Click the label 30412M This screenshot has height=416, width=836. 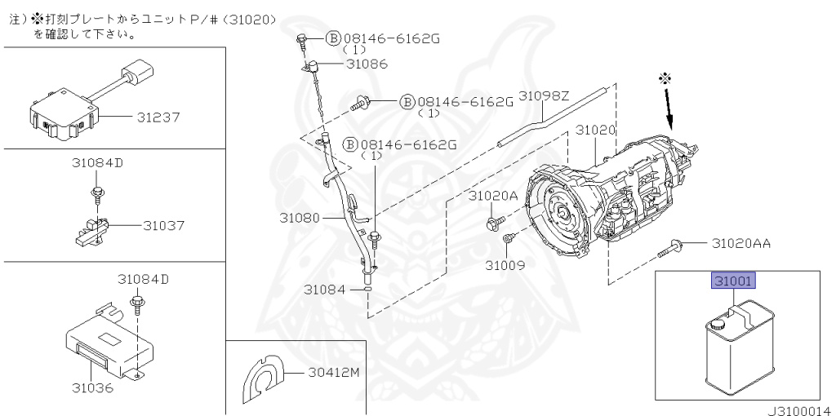coord(333,373)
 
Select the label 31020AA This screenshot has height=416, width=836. coord(741,244)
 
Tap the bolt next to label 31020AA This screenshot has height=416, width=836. coord(669,250)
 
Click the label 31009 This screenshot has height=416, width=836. coord(505,265)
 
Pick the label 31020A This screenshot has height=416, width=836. coord(493,196)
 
